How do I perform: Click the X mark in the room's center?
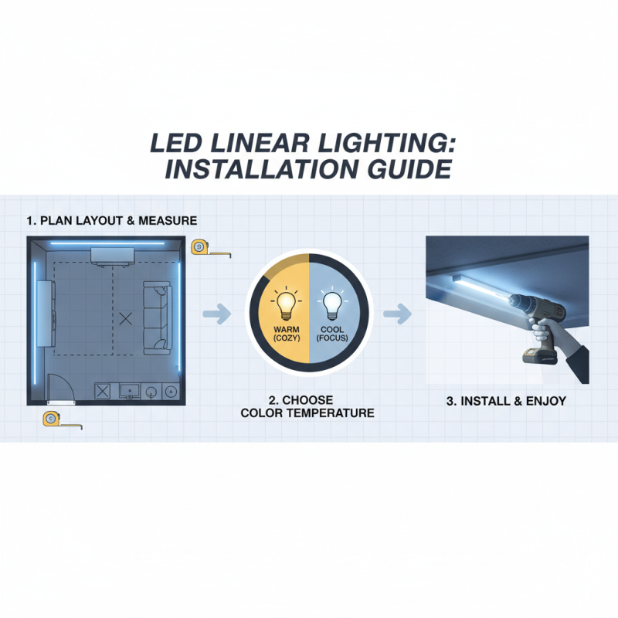pos(127,317)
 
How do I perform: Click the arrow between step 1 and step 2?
pos(218,314)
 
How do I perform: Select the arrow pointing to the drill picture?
pos(396,314)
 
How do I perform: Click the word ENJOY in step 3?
pos(545,402)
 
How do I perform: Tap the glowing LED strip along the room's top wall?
pos(108,243)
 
